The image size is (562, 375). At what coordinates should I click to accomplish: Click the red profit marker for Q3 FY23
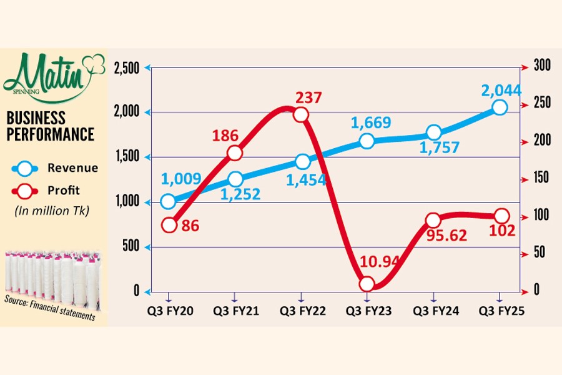[x=367, y=284]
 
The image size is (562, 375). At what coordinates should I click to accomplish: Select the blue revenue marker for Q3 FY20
[x=168, y=202]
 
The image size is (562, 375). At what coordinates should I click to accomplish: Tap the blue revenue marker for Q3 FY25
[x=500, y=107]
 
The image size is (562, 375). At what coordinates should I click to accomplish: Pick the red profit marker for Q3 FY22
[x=301, y=115]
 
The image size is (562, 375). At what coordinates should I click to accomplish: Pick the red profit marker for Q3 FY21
[x=234, y=153]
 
